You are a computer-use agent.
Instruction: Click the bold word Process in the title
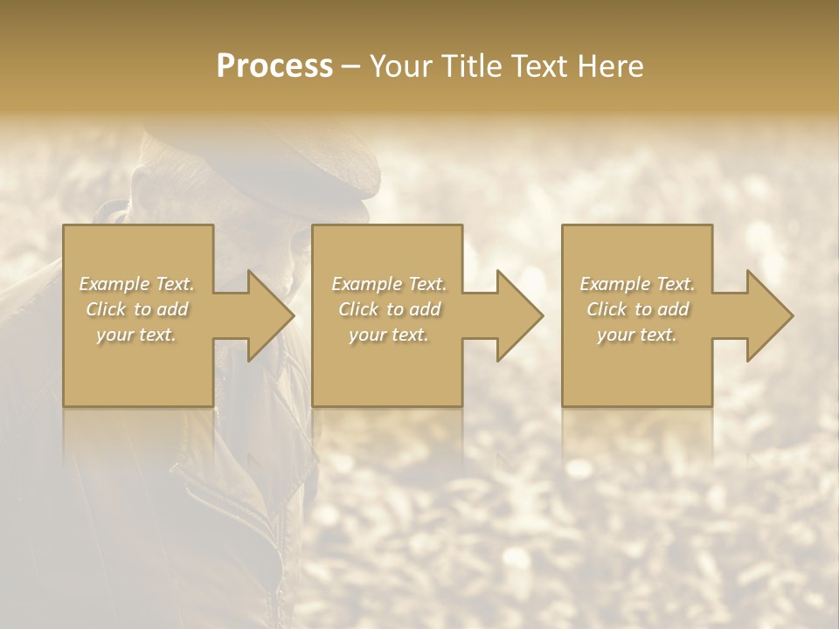274,66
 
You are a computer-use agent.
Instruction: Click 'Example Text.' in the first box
137,284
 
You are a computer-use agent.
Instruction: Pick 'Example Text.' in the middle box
389,284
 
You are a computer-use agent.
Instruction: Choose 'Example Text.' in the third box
637,284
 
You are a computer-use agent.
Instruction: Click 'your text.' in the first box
136,335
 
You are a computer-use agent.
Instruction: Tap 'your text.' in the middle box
389,335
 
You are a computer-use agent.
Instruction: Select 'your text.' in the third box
637,335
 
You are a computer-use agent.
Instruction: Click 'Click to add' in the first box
137,309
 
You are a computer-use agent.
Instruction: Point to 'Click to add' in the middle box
389,309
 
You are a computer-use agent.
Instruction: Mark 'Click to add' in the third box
637,309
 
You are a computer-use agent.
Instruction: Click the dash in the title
351,68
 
